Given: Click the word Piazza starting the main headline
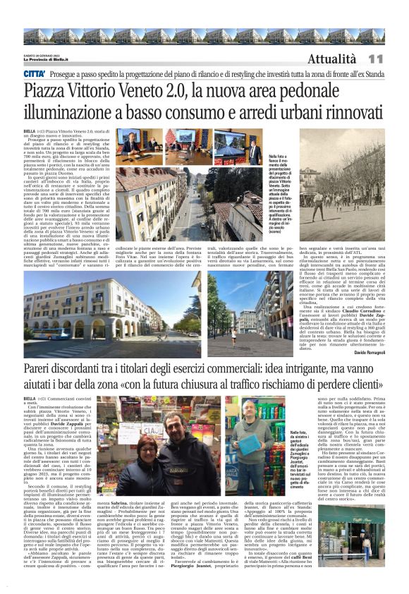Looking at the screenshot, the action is [x=49, y=91].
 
